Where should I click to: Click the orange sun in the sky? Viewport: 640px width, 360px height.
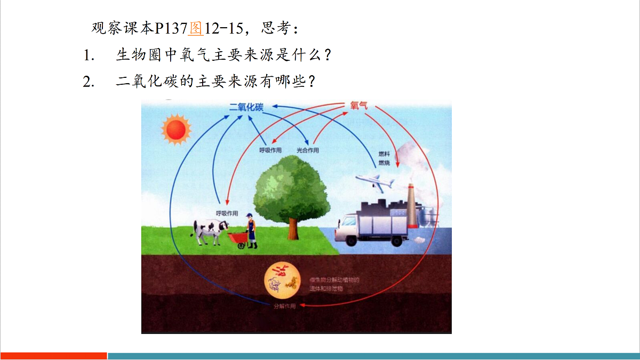tap(176, 129)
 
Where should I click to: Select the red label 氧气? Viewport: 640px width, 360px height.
tap(358, 106)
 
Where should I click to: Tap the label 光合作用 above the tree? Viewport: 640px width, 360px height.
tap(308, 150)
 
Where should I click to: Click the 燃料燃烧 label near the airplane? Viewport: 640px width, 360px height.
tap(384, 158)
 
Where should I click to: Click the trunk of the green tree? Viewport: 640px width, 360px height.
tap(293, 227)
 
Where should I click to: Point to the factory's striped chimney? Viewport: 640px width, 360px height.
tap(412, 205)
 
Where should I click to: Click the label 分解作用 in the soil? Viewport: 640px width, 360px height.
tap(284, 306)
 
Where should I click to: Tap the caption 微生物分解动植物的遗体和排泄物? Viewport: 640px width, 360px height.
tap(335, 284)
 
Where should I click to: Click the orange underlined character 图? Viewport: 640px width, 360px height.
tap(196, 28)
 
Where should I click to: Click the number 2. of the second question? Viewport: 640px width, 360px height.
tap(89, 82)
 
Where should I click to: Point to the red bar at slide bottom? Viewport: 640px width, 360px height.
tap(53, 356)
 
